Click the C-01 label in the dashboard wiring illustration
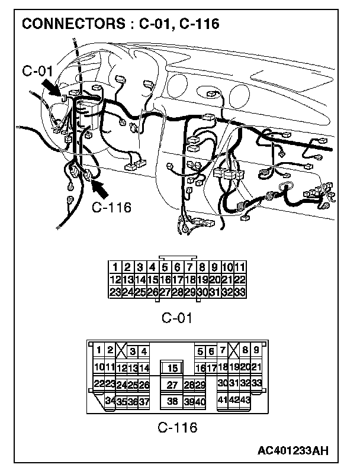(38, 72)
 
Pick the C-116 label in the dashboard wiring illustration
(112, 208)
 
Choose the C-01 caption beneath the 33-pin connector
(178, 318)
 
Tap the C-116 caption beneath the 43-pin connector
(178, 427)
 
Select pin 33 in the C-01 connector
(240, 291)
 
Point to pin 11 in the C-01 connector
(240, 267)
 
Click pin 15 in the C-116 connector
(173, 368)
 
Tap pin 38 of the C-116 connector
(173, 401)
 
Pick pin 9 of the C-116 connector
(256, 351)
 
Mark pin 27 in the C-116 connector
(173, 385)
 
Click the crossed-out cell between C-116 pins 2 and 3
(121, 351)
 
